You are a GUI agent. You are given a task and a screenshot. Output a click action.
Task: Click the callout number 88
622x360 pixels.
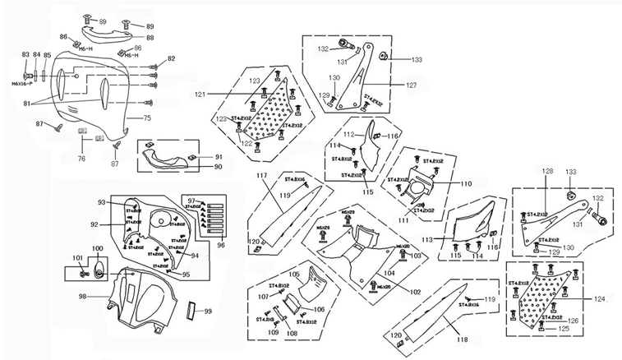(x=150, y=37)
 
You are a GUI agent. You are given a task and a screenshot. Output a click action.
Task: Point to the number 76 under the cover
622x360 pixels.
(x=81, y=159)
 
